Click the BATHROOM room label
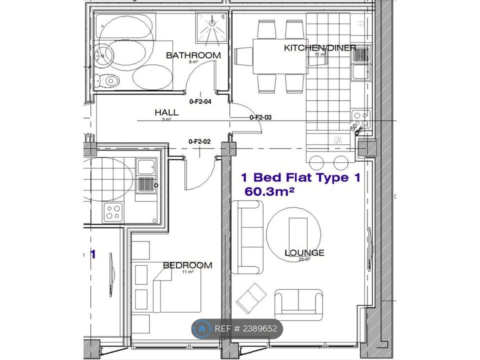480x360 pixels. click(x=193, y=55)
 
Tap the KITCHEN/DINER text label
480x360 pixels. click(x=320, y=48)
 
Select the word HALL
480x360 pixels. click(x=166, y=112)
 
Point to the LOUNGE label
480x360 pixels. click(x=304, y=253)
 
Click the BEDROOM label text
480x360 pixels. click(x=187, y=265)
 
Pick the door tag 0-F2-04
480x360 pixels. click(x=200, y=101)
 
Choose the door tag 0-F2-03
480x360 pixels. click(x=260, y=117)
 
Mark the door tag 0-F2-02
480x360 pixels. click(x=199, y=141)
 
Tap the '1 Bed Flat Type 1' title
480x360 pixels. click(x=300, y=177)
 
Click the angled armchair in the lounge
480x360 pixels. click(x=251, y=298)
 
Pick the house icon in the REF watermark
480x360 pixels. click(x=202, y=329)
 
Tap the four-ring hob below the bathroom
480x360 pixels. click(x=112, y=212)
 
